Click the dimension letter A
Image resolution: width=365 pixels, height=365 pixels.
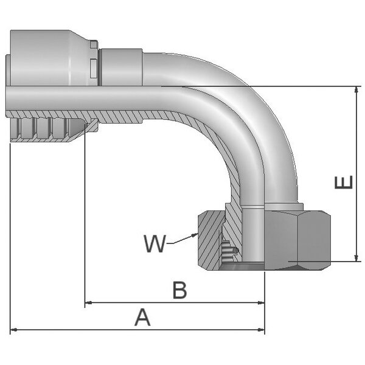coord(142,317)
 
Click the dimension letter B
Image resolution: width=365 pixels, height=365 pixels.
coord(178,290)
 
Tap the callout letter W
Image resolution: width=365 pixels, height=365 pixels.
coord(155,244)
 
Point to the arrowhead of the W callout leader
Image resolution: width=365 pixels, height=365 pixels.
coord(195,234)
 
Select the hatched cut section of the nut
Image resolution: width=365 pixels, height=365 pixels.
coord(210,237)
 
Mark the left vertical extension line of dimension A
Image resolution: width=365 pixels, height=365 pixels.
coord(12,243)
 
